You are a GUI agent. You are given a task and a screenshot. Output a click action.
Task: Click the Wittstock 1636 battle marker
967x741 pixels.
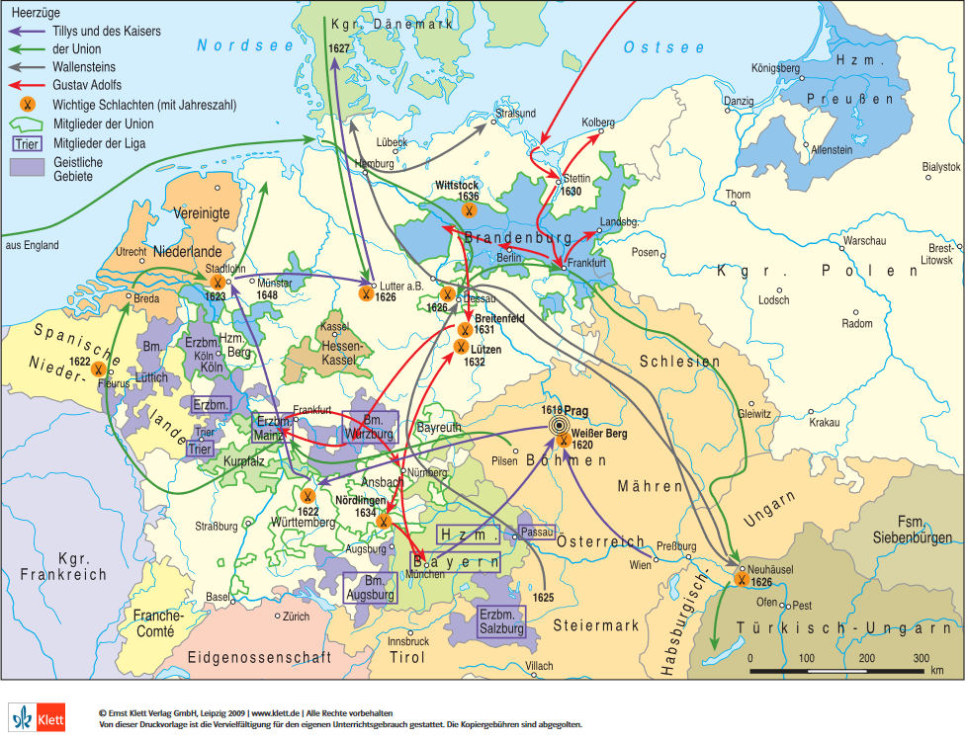click(470, 210)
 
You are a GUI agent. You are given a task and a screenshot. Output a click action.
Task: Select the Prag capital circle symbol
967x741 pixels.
click(563, 425)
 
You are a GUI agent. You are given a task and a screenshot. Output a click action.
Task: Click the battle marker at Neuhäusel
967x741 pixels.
click(741, 580)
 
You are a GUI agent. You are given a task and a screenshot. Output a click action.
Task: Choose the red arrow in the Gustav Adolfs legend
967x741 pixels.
click(26, 85)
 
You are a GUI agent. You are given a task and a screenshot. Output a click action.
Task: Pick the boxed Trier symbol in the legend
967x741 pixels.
click(25, 143)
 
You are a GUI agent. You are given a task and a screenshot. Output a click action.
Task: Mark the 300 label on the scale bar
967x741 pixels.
click(921, 658)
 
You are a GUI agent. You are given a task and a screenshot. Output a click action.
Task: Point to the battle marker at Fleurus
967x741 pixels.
click(100, 369)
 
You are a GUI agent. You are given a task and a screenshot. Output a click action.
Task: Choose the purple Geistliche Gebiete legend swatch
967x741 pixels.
click(25, 168)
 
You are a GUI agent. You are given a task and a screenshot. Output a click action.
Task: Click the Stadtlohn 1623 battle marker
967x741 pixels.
click(217, 283)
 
